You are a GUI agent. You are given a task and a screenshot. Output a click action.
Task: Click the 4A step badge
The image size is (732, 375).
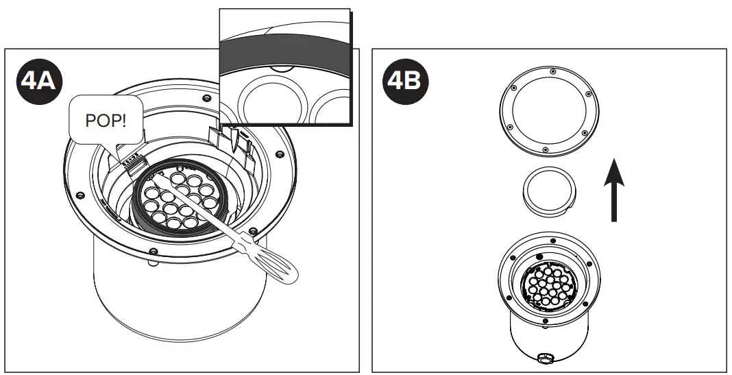point(39,82)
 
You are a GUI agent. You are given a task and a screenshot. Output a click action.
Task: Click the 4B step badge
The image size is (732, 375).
point(405,82)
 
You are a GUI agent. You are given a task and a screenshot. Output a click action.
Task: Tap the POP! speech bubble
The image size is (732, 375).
point(106,119)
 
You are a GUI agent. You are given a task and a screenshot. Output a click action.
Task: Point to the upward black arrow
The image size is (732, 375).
point(614,190)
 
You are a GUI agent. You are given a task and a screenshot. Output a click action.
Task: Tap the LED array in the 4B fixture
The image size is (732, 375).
point(549,285)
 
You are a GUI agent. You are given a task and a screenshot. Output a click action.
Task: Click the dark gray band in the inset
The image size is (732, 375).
point(284,52)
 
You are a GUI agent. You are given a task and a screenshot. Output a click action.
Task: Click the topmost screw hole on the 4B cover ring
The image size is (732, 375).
point(552,71)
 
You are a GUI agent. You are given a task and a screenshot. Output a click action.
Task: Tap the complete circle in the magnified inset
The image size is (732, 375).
point(273,104)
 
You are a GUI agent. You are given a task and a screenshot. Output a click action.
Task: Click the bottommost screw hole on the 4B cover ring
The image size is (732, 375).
point(546,149)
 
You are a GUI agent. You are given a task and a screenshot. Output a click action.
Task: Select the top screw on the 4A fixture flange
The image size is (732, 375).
point(206,97)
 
